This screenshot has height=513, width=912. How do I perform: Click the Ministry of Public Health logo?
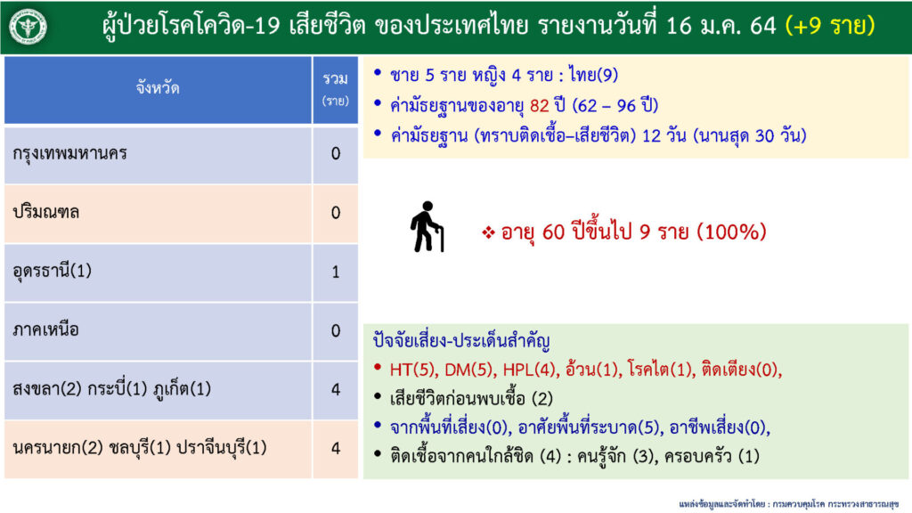point(28,27)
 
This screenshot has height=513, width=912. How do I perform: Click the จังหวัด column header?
point(158,88)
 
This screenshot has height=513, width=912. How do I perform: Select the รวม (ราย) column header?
point(336,89)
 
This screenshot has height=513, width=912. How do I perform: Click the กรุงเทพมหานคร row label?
point(69,154)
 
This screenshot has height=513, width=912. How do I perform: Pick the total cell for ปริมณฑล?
point(336,213)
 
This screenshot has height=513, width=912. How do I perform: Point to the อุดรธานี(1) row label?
point(53,272)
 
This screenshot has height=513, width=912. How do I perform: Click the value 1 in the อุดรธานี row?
point(336,272)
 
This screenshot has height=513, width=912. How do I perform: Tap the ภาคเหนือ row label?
point(45,330)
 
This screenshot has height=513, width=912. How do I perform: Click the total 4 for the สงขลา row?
point(336,389)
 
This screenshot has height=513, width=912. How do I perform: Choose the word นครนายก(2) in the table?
point(58,448)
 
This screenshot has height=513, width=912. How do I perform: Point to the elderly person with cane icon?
point(427,227)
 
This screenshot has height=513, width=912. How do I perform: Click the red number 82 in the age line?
point(539,106)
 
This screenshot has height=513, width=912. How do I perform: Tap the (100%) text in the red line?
point(731,232)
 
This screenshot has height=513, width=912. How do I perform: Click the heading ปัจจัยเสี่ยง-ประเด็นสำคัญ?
point(461,341)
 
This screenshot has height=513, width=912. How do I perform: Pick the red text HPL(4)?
point(529,370)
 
